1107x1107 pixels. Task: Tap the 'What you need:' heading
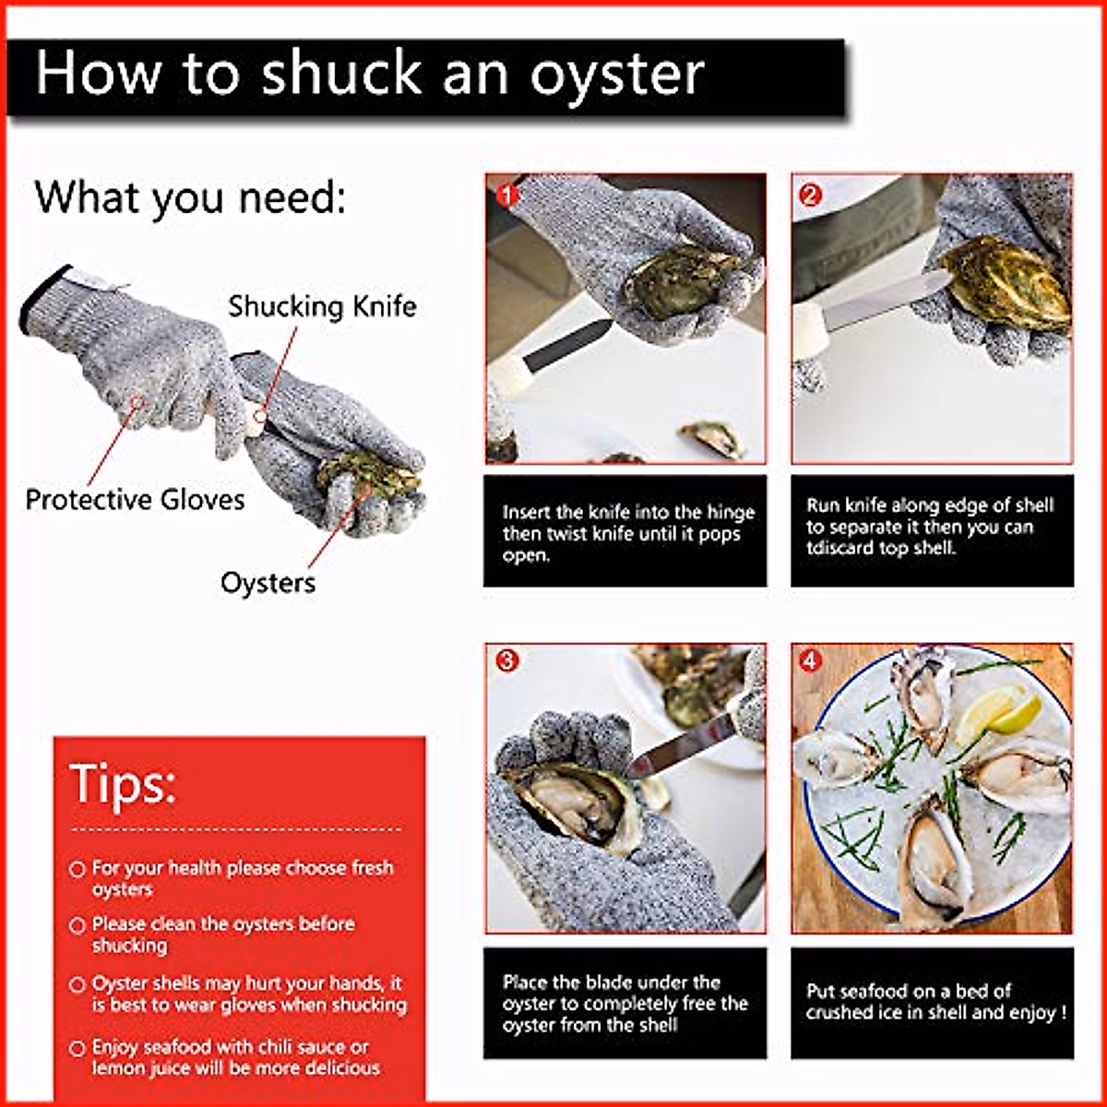[x=190, y=197]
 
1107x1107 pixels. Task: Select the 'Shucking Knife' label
[x=322, y=306]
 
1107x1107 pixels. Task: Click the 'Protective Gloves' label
[x=135, y=499]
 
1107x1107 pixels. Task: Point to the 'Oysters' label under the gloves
[x=268, y=582]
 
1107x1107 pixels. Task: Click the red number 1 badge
[x=507, y=195]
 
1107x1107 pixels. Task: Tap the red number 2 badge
[x=810, y=196]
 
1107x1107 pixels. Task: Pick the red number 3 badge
[x=506, y=661]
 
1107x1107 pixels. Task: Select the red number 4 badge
[x=809, y=661]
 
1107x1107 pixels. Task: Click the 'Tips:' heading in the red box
[x=123, y=783]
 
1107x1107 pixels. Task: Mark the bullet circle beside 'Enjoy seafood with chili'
[x=77, y=1049]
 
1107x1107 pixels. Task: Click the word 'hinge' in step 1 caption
[x=730, y=512]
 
